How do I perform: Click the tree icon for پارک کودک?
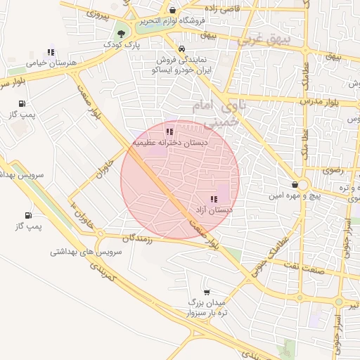123,33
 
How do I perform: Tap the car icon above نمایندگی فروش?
182,49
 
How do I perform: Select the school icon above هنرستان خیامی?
50,52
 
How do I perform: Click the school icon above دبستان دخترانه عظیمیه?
169,131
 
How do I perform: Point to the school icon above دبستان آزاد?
214,199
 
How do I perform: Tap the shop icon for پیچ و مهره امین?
304,185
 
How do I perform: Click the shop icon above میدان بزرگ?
206,291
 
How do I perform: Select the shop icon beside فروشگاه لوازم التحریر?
174,10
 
